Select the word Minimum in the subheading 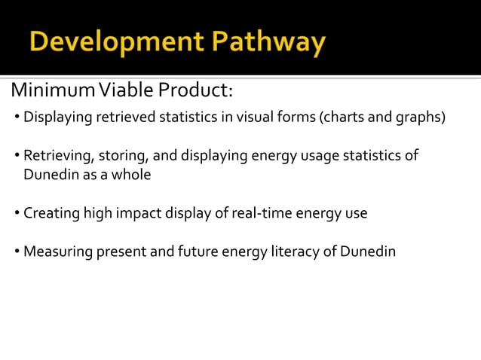[x=44, y=91]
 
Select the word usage [x=320, y=156]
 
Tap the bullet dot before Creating [x=17, y=214]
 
